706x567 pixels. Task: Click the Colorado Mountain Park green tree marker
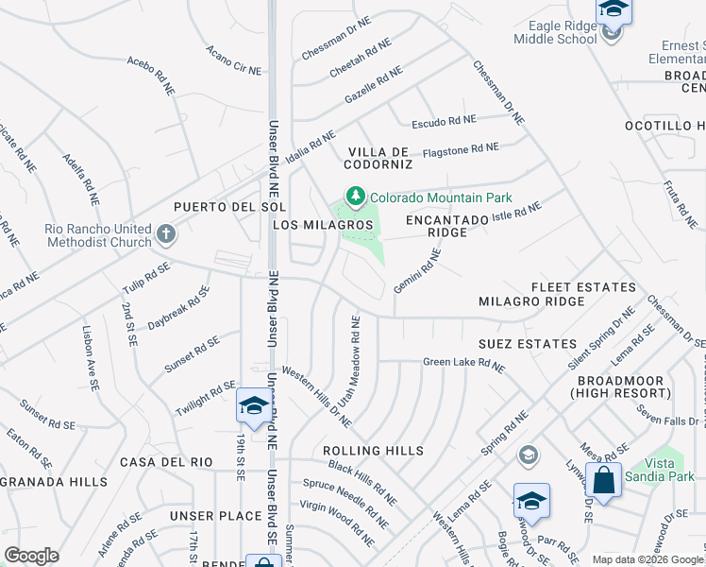click(x=355, y=197)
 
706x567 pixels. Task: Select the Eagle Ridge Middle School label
click(x=555, y=33)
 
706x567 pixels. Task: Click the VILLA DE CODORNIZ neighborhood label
click(x=379, y=158)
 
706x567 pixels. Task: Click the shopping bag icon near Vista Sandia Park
click(x=603, y=479)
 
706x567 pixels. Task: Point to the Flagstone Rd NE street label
click(x=460, y=148)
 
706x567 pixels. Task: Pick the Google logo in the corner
click(x=31, y=556)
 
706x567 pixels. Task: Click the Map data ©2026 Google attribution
click(x=647, y=559)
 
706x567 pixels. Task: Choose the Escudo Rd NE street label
click(x=444, y=121)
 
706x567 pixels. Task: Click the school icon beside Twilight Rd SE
click(x=253, y=405)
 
